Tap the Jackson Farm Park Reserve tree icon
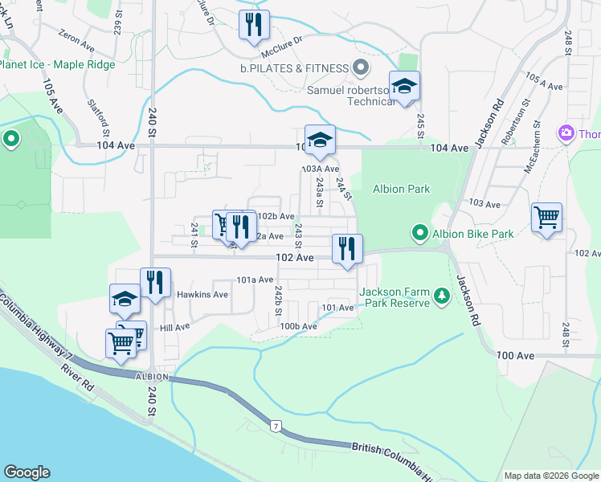(x=441, y=297)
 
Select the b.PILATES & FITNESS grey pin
(x=361, y=68)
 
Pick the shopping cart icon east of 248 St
(x=546, y=217)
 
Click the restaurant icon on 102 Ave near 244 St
(x=347, y=249)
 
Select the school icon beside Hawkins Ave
(x=125, y=299)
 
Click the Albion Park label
(x=401, y=190)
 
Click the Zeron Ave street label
(x=77, y=36)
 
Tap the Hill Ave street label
(x=174, y=327)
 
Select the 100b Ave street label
(x=298, y=326)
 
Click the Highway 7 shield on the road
(x=276, y=424)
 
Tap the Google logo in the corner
(x=27, y=472)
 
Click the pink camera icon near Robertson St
(x=566, y=133)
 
